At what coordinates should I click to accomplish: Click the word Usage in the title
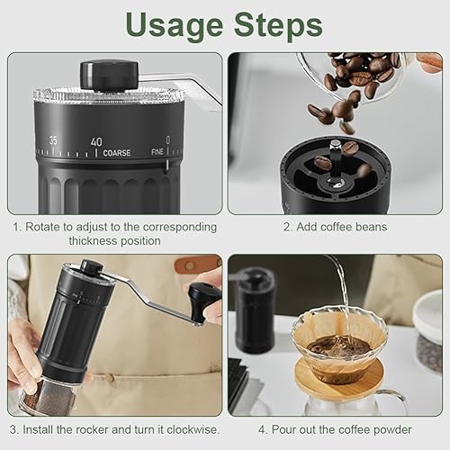coord(175,26)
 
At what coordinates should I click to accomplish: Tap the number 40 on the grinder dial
coord(96,142)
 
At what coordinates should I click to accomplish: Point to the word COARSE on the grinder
coord(117,153)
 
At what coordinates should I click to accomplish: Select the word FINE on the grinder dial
coord(157,152)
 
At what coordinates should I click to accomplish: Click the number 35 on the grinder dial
coord(53,140)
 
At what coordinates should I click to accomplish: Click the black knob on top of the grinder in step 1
coord(109,75)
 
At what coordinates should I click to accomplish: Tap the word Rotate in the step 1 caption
coord(43,227)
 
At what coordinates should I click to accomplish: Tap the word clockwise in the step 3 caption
coord(192,429)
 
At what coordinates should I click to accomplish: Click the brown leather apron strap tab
coord(197,264)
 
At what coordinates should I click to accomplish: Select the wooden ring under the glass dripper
coord(339,380)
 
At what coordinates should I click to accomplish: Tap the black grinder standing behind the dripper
coord(255,310)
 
